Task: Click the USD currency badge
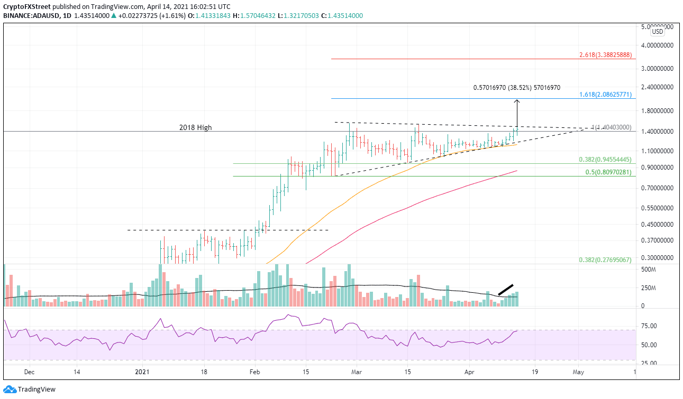click(x=658, y=31)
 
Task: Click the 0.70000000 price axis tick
click(x=657, y=188)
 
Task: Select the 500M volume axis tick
click(x=649, y=270)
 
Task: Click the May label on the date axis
click(x=578, y=372)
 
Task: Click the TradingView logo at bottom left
click(x=30, y=389)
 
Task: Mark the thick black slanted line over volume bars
click(x=506, y=290)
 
